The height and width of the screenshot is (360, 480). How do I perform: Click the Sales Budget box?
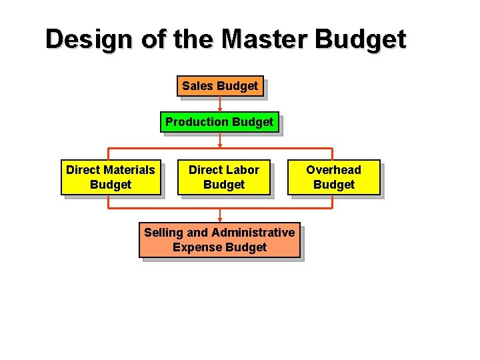[220, 86]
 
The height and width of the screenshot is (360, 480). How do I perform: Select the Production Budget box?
[219, 122]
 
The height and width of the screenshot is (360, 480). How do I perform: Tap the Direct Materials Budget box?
[111, 177]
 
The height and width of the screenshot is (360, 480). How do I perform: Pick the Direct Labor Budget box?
[223, 177]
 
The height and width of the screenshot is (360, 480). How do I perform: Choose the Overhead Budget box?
[333, 177]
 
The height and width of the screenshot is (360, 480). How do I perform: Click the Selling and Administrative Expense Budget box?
[219, 240]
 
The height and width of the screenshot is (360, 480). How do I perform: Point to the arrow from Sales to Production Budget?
[220, 103]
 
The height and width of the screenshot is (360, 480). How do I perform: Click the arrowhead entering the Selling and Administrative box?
[220, 218]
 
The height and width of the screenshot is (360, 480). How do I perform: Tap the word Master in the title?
[265, 39]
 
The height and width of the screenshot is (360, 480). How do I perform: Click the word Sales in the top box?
[197, 86]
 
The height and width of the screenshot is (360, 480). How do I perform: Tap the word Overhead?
[333, 170]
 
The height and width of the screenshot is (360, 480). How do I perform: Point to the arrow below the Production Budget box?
[220, 140]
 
